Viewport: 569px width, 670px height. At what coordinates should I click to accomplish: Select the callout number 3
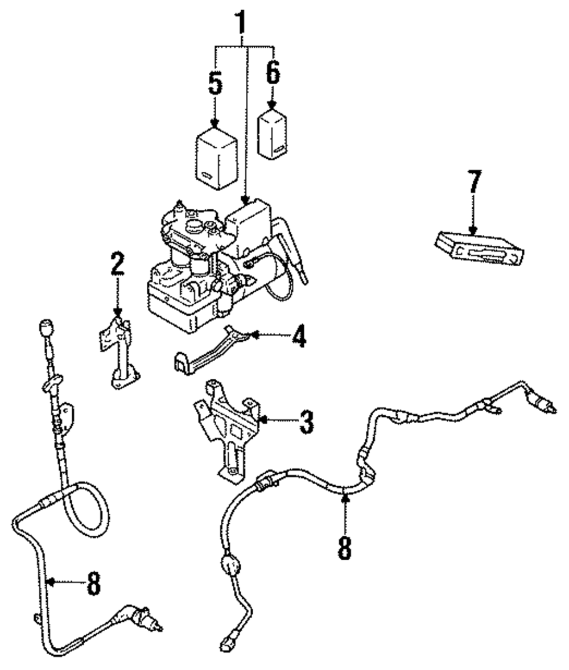pyautogui.click(x=307, y=422)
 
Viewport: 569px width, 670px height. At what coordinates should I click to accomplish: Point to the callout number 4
pyautogui.click(x=300, y=336)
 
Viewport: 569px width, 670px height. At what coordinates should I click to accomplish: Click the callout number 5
pyautogui.click(x=216, y=83)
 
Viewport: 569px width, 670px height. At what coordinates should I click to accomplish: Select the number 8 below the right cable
pyautogui.click(x=345, y=548)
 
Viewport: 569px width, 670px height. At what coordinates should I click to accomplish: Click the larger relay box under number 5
pyautogui.click(x=217, y=158)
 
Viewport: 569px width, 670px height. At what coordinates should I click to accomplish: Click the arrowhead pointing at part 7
pyautogui.click(x=472, y=231)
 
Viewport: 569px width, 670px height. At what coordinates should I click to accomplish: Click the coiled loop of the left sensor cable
pyautogui.click(x=85, y=511)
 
